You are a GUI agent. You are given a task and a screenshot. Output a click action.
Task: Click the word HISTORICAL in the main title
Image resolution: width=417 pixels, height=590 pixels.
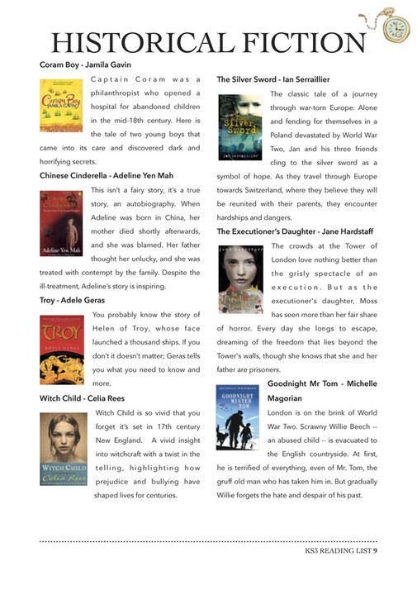pos(145,43)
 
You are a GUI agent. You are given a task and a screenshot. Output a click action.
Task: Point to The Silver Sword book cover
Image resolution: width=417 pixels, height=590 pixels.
pos(239,127)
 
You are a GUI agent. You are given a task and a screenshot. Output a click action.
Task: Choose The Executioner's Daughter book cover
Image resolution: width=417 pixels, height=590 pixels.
pos(239,279)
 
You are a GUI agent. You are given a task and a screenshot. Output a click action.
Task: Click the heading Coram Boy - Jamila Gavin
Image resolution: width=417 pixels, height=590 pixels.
pos(87,64)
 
